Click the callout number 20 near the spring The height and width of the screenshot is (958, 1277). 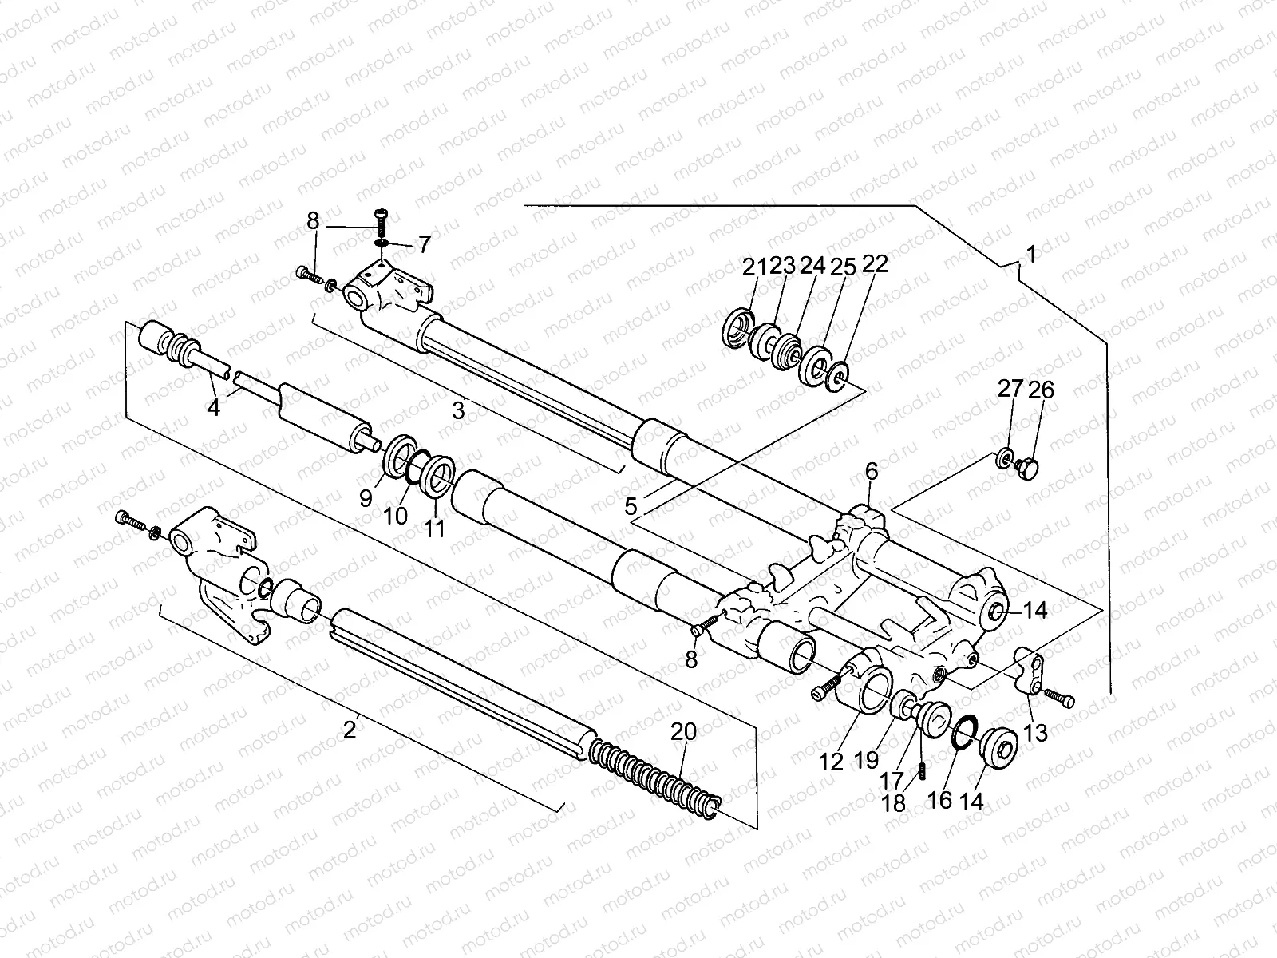tap(683, 731)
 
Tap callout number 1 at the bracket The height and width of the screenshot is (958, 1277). tap(1030, 255)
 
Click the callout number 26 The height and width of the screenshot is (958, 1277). tap(1041, 390)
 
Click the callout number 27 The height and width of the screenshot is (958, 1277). tap(1010, 390)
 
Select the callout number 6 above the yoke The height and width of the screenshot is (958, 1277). tap(871, 472)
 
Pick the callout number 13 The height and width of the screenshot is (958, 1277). tap(1035, 732)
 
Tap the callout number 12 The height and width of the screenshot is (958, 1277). tap(831, 762)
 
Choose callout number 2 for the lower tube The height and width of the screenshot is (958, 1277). tap(349, 729)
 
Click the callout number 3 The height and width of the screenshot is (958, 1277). tap(457, 411)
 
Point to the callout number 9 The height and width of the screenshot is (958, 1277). tap(366, 498)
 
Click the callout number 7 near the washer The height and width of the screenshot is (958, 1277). tap(422, 243)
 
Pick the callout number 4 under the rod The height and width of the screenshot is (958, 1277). tap(213, 407)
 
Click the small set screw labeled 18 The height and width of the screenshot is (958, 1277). tap(921, 773)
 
